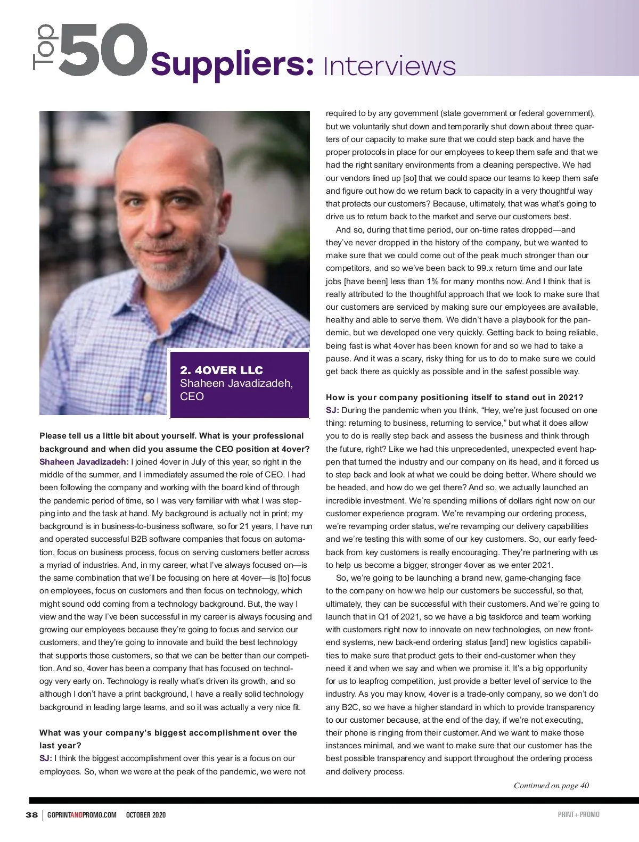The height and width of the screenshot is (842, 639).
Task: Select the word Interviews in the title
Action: click(389, 67)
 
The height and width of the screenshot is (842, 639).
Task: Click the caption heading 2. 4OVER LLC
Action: click(221, 370)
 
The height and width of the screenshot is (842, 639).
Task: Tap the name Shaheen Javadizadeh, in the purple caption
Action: click(236, 383)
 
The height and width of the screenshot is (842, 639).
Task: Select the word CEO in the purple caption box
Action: click(192, 397)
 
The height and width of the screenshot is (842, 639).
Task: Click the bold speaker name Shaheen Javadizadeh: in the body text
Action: click(84, 462)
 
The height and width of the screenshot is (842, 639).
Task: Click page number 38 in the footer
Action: click(31, 815)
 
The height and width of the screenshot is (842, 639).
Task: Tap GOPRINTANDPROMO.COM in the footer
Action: click(81, 815)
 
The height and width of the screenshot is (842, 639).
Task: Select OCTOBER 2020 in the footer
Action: click(146, 815)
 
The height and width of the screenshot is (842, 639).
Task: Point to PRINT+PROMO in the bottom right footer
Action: click(578, 815)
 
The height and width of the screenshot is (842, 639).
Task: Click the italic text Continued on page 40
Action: click(551, 786)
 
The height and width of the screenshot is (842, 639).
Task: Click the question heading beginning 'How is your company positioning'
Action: click(454, 398)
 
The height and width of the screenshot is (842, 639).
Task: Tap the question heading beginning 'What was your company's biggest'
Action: click(168, 733)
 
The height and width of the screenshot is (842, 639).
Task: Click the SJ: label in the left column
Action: click(45, 758)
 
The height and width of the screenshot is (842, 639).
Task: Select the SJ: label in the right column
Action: click(332, 410)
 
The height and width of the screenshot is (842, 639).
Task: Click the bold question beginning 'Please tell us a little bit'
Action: click(171, 436)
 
